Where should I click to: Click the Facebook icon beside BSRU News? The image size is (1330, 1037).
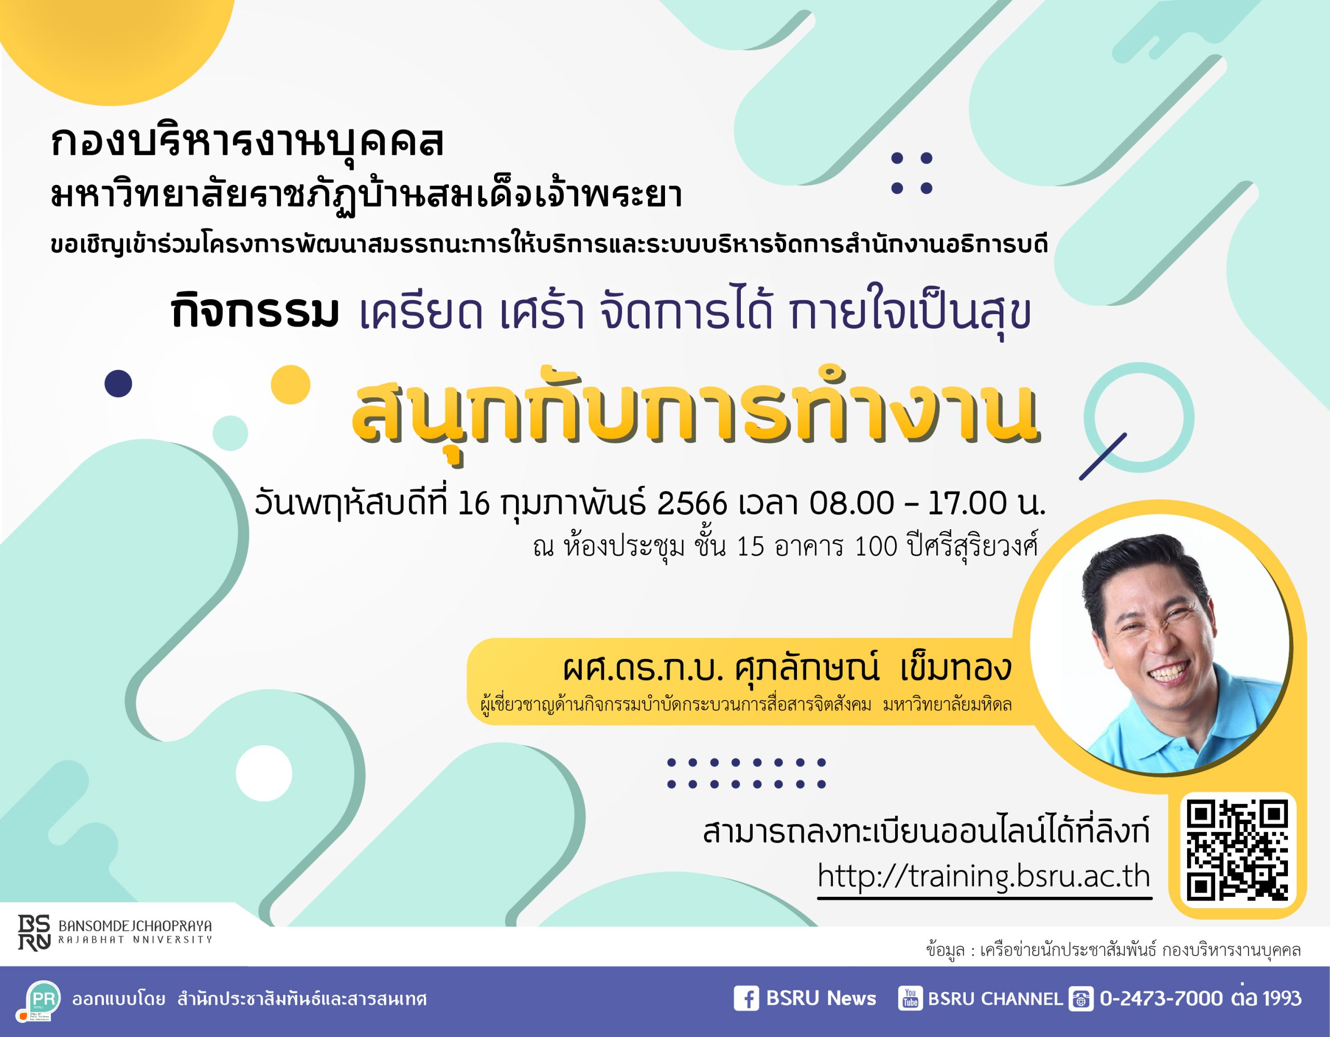(x=746, y=999)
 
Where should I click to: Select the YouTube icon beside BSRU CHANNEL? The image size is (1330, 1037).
(x=910, y=999)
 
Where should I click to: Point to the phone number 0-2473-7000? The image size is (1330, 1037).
(x=1161, y=999)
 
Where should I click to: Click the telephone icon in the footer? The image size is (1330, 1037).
(x=1081, y=999)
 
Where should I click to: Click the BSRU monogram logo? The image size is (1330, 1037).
(x=34, y=932)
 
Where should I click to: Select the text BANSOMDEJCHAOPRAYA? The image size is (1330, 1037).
(x=135, y=926)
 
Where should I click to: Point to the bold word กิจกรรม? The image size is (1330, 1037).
(x=254, y=311)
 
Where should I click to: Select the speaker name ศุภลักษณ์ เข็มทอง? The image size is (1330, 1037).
(x=873, y=668)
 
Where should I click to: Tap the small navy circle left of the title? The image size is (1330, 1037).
(x=118, y=383)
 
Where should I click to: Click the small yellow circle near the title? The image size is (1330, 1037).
(x=290, y=385)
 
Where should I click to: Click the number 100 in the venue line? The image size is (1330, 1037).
(x=876, y=546)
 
